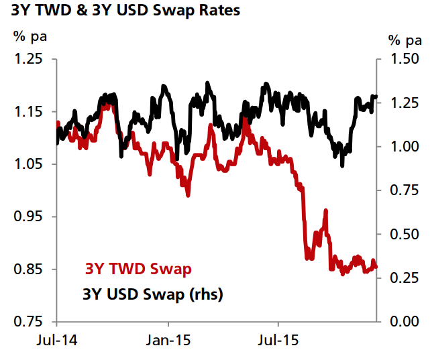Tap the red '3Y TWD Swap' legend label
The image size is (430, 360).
point(138,269)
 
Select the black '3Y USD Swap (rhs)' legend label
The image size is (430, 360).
point(152,294)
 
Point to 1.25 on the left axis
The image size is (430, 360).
point(30,59)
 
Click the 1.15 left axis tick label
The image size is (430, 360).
point(30,111)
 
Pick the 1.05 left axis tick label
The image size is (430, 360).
point(30,164)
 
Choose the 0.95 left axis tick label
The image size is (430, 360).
point(30,217)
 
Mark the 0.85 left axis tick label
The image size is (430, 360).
point(30,269)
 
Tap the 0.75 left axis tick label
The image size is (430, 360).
point(30,322)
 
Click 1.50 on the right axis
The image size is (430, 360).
point(404,59)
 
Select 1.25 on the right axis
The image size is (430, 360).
point(404,103)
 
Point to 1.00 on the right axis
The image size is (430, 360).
point(404,147)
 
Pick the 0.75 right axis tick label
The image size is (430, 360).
point(404,190)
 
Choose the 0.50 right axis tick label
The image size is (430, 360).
point(404,234)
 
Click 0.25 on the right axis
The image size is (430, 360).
point(404,278)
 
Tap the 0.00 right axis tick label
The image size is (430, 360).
point(404,322)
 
